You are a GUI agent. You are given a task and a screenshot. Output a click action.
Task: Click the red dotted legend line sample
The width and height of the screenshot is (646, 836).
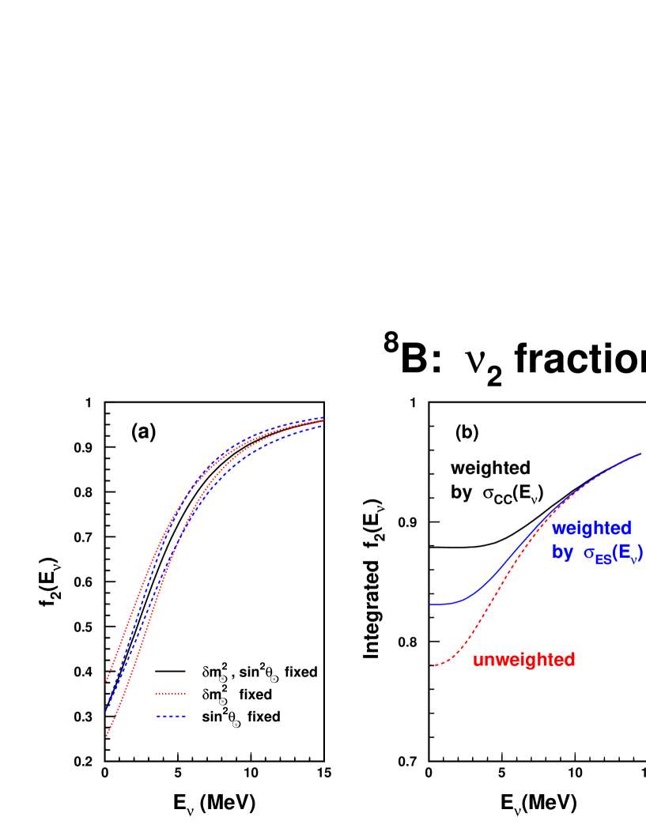pyautogui.click(x=170, y=693)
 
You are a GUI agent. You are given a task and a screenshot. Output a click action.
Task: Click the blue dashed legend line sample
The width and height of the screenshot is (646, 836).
pyautogui.click(x=171, y=716)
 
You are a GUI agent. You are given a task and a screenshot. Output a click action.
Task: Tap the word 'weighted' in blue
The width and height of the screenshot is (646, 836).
pyautogui.click(x=591, y=528)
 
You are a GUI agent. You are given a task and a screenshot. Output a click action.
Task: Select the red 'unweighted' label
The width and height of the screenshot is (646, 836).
pyautogui.click(x=523, y=660)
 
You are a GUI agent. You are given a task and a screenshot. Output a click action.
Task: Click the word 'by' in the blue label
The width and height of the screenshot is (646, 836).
pyautogui.click(x=562, y=553)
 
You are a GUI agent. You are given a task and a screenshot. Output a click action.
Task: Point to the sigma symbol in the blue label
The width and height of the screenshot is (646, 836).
pyautogui.click(x=588, y=555)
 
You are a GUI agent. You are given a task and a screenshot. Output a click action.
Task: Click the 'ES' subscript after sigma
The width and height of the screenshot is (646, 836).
pyautogui.click(x=603, y=559)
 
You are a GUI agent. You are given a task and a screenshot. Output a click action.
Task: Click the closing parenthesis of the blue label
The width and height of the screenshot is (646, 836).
pyautogui.click(x=640, y=554)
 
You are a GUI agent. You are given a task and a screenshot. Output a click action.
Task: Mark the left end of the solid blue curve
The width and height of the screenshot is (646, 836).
pyautogui.click(x=431, y=604)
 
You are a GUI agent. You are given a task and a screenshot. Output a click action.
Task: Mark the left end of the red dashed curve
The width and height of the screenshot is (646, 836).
pyautogui.click(x=431, y=665)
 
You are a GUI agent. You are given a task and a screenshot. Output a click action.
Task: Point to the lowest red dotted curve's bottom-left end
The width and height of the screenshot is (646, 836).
pyautogui.click(x=106, y=736)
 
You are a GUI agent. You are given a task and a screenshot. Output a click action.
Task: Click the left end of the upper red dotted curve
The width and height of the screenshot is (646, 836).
pyautogui.click(x=106, y=680)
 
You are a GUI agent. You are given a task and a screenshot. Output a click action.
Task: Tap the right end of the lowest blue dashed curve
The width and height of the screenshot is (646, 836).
pyautogui.click(x=323, y=427)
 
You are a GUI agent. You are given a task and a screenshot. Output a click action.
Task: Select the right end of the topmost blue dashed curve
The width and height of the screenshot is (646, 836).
pyautogui.click(x=323, y=417)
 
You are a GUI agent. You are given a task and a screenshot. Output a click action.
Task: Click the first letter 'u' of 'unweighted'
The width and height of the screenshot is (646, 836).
pyautogui.click(x=478, y=661)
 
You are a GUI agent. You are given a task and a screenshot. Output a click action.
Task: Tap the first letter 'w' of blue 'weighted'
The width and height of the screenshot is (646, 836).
pyautogui.click(x=557, y=528)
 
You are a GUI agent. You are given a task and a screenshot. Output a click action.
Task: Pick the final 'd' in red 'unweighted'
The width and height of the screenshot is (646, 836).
pyautogui.click(x=570, y=660)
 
